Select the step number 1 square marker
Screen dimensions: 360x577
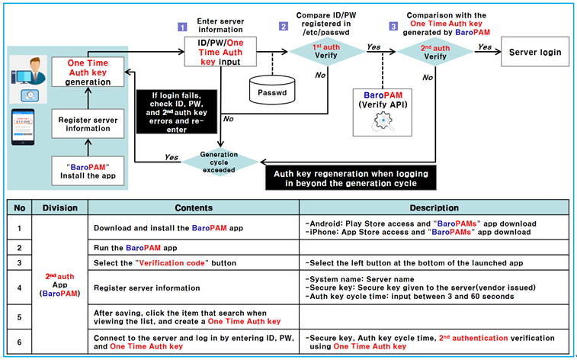point(182,26)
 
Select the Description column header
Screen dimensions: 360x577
point(433,207)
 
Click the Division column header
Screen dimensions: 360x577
point(60,207)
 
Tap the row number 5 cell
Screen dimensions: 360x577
point(19,317)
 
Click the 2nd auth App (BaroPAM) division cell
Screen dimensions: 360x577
point(60,282)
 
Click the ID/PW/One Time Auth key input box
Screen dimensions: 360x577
point(220,52)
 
